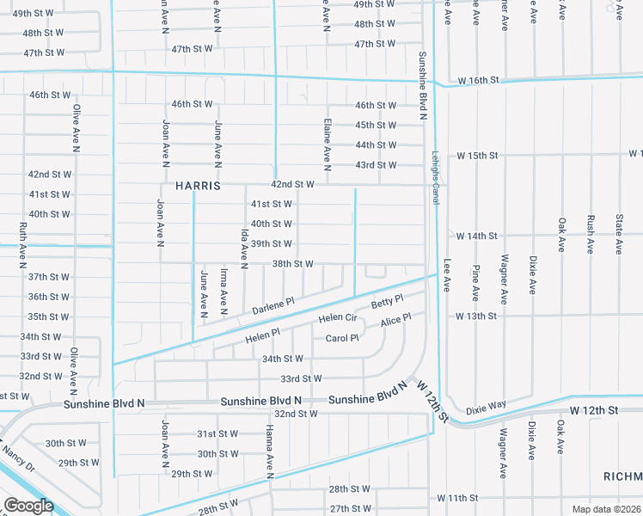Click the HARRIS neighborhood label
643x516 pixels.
pyautogui.click(x=199, y=185)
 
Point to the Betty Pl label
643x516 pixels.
pyautogui.click(x=387, y=302)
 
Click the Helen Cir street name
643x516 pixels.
pyautogui.click(x=338, y=318)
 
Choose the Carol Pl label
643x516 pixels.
pyautogui.click(x=341, y=338)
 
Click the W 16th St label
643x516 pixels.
pyautogui.click(x=478, y=80)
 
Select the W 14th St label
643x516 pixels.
pyautogui.click(x=477, y=236)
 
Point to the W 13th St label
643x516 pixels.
pyautogui.click(x=477, y=316)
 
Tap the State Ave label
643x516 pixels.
pyautogui.click(x=618, y=235)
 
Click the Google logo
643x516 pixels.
pyautogui.click(x=29, y=506)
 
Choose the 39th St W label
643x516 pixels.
pyautogui.click(x=272, y=244)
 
